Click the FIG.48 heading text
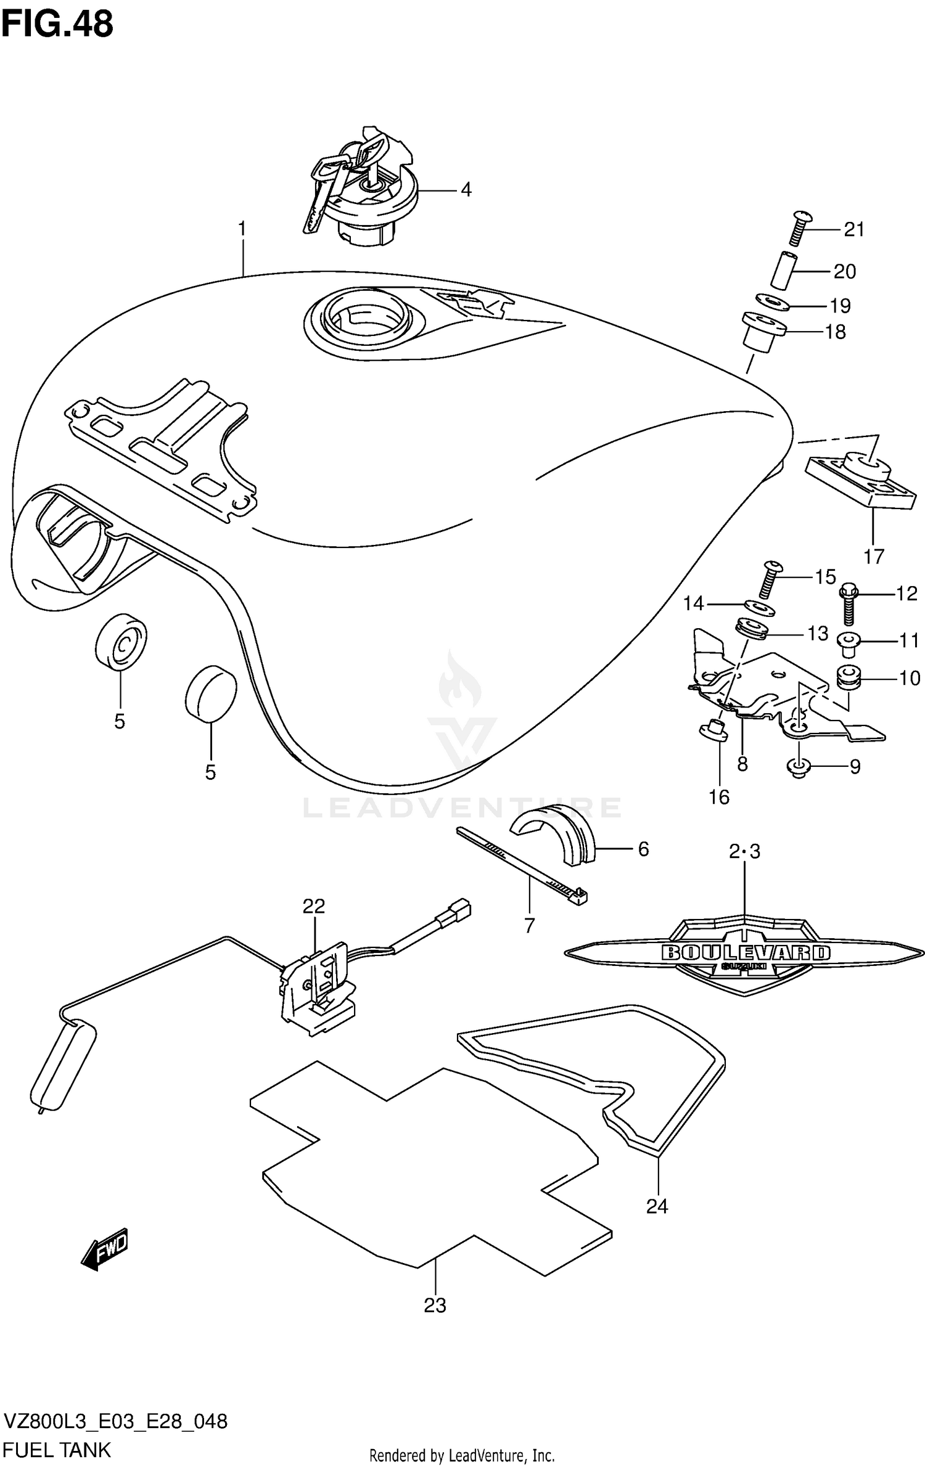[57, 25]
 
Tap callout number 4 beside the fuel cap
[466, 190]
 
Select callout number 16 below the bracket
[719, 797]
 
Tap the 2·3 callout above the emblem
[744, 852]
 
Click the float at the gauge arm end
[62, 1066]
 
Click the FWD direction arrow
[105, 1249]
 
